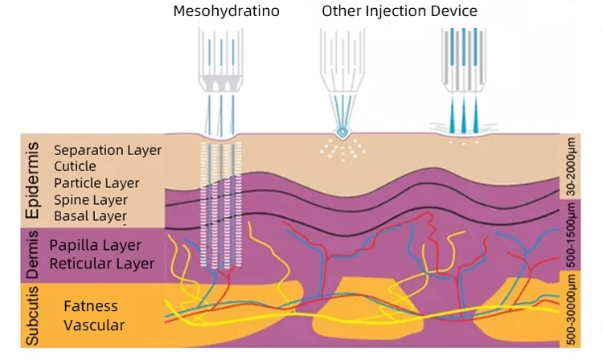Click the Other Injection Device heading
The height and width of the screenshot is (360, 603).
tap(400, 11)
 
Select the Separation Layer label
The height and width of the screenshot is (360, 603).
tap(108, 150)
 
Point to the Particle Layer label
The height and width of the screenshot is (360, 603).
tap(96, 183)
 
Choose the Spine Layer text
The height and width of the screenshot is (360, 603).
tap(90, 199)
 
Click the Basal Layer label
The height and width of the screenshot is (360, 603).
tap(90, 216)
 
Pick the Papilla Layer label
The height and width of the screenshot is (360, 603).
tap(95, 245)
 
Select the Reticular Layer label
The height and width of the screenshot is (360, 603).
tap(103, 262)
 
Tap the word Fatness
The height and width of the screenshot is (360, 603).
tap(91, 306)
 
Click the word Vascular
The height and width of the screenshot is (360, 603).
tap(94, 325)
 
